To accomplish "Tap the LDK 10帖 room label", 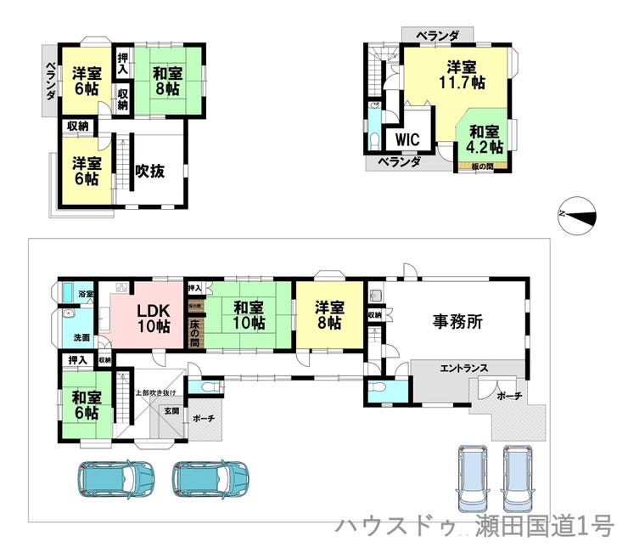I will (154, 318).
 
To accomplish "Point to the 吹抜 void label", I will (149, 170).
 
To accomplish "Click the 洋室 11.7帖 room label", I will (462, 75).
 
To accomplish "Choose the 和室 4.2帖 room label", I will (484, 138).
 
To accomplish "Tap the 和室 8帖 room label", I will (167, 80).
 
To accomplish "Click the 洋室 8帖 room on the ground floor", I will (330, 316).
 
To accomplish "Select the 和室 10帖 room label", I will (248, 316).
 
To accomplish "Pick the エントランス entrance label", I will (463, 368).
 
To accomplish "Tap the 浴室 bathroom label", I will (85, 294).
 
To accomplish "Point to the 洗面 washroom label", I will (81, 336).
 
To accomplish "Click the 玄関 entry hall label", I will (171, 410).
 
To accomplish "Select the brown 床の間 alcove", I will (194, 330).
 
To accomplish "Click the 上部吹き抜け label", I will (155, 392).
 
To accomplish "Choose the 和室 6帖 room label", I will (85, 405).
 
